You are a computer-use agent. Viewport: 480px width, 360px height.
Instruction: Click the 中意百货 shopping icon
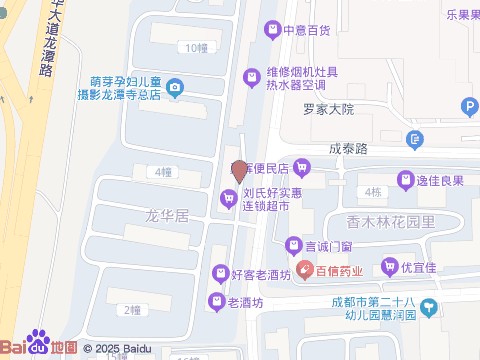(x=271, y=30)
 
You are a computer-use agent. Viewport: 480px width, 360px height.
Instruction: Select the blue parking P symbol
(x=468, y=107)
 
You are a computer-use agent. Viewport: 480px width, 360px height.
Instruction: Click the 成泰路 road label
(x=349, y=148)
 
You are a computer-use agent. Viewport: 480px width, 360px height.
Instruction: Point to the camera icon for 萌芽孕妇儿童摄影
(x=176, y=89)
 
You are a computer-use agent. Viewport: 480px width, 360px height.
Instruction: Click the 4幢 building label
(x=164, y=172)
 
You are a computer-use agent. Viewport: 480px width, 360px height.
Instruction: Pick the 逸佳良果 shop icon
(x=406, y=180)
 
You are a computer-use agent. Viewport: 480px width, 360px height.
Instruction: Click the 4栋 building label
(x=374, y=192)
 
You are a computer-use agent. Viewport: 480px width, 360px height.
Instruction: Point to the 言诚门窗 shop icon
(x=294, y=244)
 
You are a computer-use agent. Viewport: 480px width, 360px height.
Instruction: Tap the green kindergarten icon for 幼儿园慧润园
(x=428, y=306)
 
